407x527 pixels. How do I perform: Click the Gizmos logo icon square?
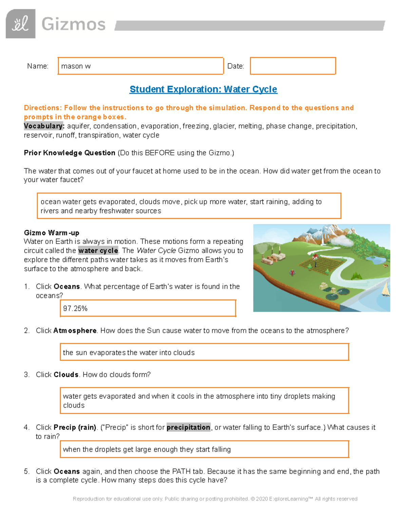coord(20,24)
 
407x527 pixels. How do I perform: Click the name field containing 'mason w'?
coord(140,66)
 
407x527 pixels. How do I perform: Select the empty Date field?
coord(293,66)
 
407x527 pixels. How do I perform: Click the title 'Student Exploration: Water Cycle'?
coord(203,89)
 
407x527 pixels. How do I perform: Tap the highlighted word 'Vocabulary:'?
coord(44,126)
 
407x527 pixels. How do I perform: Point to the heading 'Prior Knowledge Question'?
coord(70,153)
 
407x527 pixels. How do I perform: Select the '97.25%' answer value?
coord(75,308)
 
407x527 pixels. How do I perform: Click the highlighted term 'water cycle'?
coord(98,250)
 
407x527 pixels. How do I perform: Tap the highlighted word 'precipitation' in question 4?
coord(188,427)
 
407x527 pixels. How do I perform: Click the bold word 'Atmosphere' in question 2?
coord(75,331)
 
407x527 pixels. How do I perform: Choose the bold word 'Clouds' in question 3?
coord(66,375)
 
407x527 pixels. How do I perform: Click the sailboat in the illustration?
coord(386,289)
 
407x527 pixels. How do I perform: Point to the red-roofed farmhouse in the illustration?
coord(315,257)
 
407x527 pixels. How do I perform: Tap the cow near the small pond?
coord(385,266)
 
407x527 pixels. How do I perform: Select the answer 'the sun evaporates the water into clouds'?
coord(129,353)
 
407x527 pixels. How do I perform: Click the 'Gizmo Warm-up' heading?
coord(52,233)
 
